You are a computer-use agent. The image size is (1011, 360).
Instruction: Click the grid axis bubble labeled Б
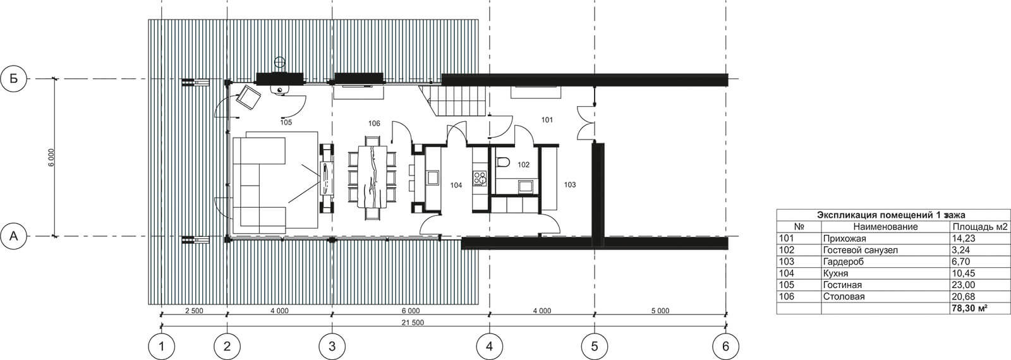click(14, 79)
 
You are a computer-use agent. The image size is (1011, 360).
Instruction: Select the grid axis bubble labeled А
click(14, 236)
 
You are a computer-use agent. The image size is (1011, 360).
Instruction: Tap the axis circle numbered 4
click(490, 347)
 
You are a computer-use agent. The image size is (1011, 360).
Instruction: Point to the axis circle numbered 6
click(726, 347)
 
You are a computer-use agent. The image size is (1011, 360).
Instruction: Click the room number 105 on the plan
click(286, 123)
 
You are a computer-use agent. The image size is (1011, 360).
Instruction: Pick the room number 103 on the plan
click(570, 184)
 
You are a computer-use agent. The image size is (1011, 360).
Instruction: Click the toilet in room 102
click(503, 162)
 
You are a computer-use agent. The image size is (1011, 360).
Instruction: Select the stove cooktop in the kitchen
click(480, 178)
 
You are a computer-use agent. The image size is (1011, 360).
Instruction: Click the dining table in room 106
click(372, 176)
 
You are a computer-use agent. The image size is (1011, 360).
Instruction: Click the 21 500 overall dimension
click(413, 323)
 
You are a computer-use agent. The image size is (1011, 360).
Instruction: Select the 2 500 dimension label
click(194, 311)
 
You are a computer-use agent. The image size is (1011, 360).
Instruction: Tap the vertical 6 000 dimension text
click(51, 157)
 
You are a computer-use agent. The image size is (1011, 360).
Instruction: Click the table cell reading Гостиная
click(842, 285)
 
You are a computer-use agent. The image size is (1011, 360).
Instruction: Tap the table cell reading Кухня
click(835, 273)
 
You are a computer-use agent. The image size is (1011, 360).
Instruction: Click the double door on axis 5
click(587, 121)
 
